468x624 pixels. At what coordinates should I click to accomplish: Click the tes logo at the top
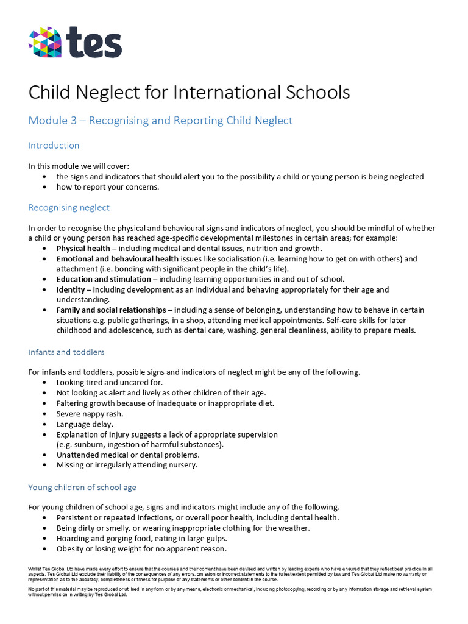point(75,43)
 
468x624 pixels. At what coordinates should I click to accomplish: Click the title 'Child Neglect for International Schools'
point(189,93)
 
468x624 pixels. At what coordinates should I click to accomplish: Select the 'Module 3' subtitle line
point(160,121)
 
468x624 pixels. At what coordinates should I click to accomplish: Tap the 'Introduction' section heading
point(54,146)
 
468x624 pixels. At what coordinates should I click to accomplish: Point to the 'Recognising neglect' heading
point(69,208)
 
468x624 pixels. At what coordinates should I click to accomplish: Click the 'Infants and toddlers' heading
point(66,352)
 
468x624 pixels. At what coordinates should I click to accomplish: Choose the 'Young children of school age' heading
point(82,487)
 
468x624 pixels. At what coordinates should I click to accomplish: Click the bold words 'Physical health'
point(83,249)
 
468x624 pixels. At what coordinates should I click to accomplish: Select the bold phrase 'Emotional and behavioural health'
point(118,259)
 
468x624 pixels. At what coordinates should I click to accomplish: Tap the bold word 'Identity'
point(71,289)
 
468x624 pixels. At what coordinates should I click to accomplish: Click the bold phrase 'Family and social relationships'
point(111,310)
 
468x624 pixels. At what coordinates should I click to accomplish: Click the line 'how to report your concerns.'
point(108,187)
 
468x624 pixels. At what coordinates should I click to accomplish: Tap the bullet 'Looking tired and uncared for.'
point(110,383)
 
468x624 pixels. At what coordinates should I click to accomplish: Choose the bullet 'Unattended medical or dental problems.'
point(128,455)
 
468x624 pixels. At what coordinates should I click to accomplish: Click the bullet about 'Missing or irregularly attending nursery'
point(127,465)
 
